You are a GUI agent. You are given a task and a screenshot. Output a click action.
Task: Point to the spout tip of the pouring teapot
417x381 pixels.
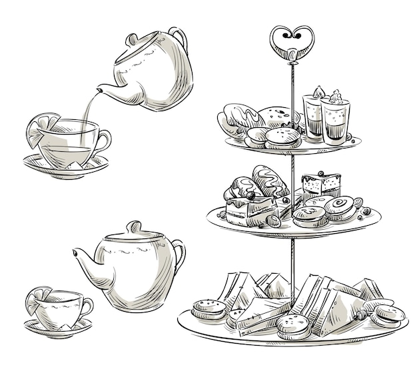tap(98, 89)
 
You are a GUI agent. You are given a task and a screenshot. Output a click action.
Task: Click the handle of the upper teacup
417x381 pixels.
tap(103, 141)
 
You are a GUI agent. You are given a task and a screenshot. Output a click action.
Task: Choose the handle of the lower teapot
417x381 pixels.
tap(178, 256)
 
